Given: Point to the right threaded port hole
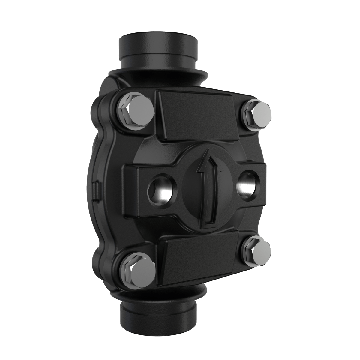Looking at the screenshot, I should tap(247, 184).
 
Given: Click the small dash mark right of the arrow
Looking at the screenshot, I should tap(222, 171).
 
